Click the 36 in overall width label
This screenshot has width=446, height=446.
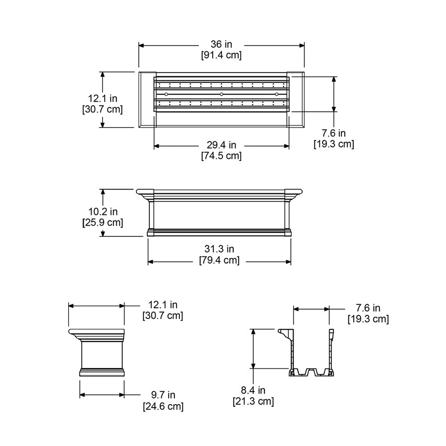click(221, 45)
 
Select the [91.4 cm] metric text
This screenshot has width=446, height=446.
click(221, 55)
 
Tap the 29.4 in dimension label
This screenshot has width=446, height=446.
click(221, 145)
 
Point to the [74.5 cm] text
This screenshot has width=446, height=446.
click(221, 156)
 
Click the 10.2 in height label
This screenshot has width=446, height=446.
click(103, 211)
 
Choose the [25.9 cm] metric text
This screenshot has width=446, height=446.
click(103, 222)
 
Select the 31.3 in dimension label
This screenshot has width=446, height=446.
click(219, 249)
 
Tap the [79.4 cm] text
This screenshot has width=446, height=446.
click(219, 260)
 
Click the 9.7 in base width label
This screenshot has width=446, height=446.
click(162, 395)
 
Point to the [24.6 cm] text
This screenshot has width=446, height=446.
click(162, 406)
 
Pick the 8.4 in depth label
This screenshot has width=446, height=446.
click(253, 391)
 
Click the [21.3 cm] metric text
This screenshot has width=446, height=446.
click(253, 401)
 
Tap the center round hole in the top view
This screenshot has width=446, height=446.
click(221, 94)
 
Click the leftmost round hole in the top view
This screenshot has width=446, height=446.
click(166, 94)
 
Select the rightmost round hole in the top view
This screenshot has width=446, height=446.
click(277, 94)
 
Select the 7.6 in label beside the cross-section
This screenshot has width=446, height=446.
click(368, 308)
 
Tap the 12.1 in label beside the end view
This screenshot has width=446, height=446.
click(162, 305)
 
